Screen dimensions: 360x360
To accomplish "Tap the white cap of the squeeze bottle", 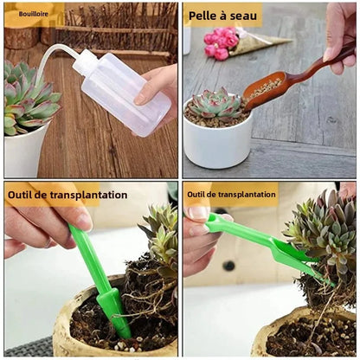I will point(85,61).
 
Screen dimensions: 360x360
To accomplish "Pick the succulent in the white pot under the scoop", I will point(216,105).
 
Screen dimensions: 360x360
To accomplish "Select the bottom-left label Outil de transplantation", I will point(67,195).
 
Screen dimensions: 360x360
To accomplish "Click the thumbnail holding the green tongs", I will point(200,213).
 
